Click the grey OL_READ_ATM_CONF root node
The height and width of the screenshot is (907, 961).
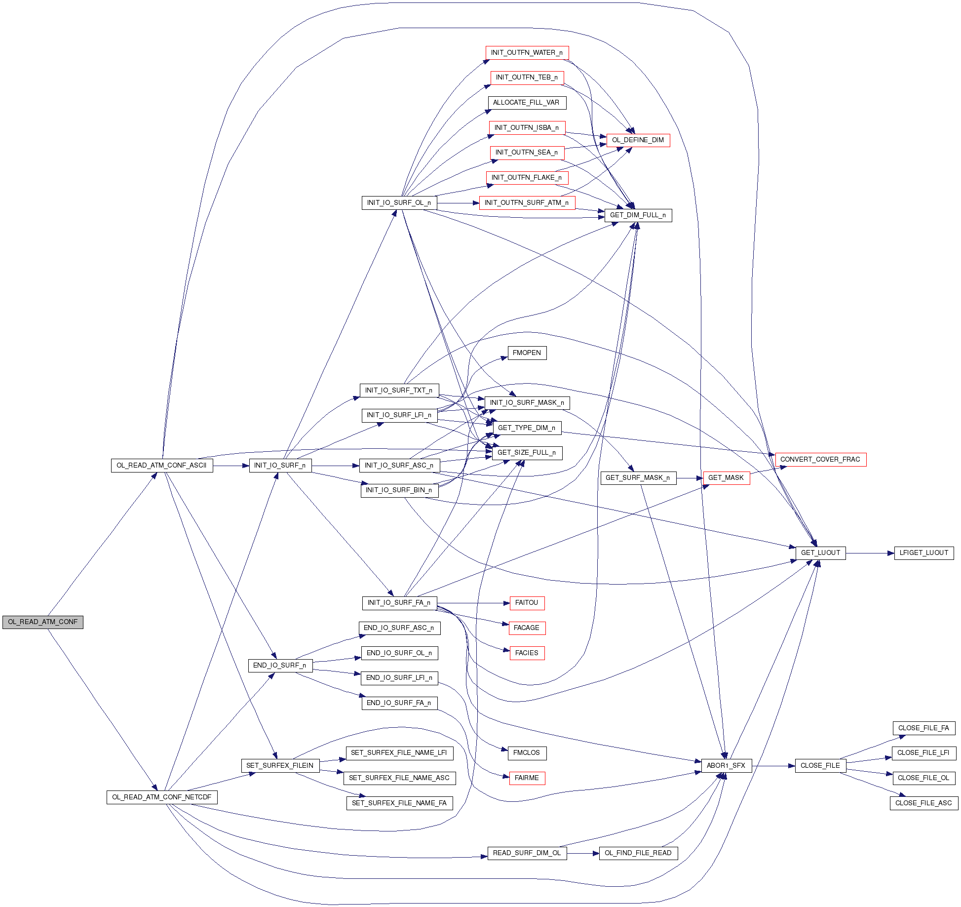42,622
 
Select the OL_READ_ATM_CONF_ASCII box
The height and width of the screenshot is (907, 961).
162,466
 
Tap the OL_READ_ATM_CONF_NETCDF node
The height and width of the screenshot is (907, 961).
162,797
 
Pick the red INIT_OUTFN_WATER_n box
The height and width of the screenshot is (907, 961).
527,53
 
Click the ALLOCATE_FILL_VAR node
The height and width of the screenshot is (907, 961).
526,103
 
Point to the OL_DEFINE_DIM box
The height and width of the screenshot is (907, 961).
638,140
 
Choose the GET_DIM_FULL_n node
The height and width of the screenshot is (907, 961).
638,215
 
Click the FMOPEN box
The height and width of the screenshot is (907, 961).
527,353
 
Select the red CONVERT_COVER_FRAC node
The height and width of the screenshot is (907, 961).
820,460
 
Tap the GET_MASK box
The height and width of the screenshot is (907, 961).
726,478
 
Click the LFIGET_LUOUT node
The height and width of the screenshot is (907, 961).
923,553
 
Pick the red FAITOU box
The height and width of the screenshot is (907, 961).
527,603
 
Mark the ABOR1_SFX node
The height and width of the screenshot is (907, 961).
726,766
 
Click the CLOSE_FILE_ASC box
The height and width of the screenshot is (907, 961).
923,803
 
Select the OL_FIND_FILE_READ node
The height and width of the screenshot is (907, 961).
638,853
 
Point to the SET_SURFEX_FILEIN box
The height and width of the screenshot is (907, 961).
280,766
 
